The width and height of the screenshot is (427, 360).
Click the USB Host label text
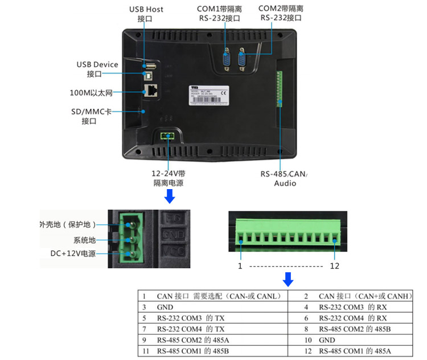pos(146,14)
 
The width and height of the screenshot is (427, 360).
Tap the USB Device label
pos(97,69)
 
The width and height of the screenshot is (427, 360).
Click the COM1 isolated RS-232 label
pos(220,14)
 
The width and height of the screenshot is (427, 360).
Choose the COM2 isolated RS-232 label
pos(281,13)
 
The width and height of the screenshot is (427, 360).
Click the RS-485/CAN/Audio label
pos(284,178)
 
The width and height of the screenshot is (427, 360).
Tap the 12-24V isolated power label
pos(169,178)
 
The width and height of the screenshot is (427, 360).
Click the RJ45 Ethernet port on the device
pos(153,90)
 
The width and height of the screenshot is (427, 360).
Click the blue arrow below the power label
pos(169,197)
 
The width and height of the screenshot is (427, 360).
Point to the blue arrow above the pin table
pos(288,279)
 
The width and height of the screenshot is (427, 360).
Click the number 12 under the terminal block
pos(334,266)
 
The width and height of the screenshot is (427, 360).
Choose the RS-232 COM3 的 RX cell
pos(353,307)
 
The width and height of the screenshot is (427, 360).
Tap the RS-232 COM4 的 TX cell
pos(191,329)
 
